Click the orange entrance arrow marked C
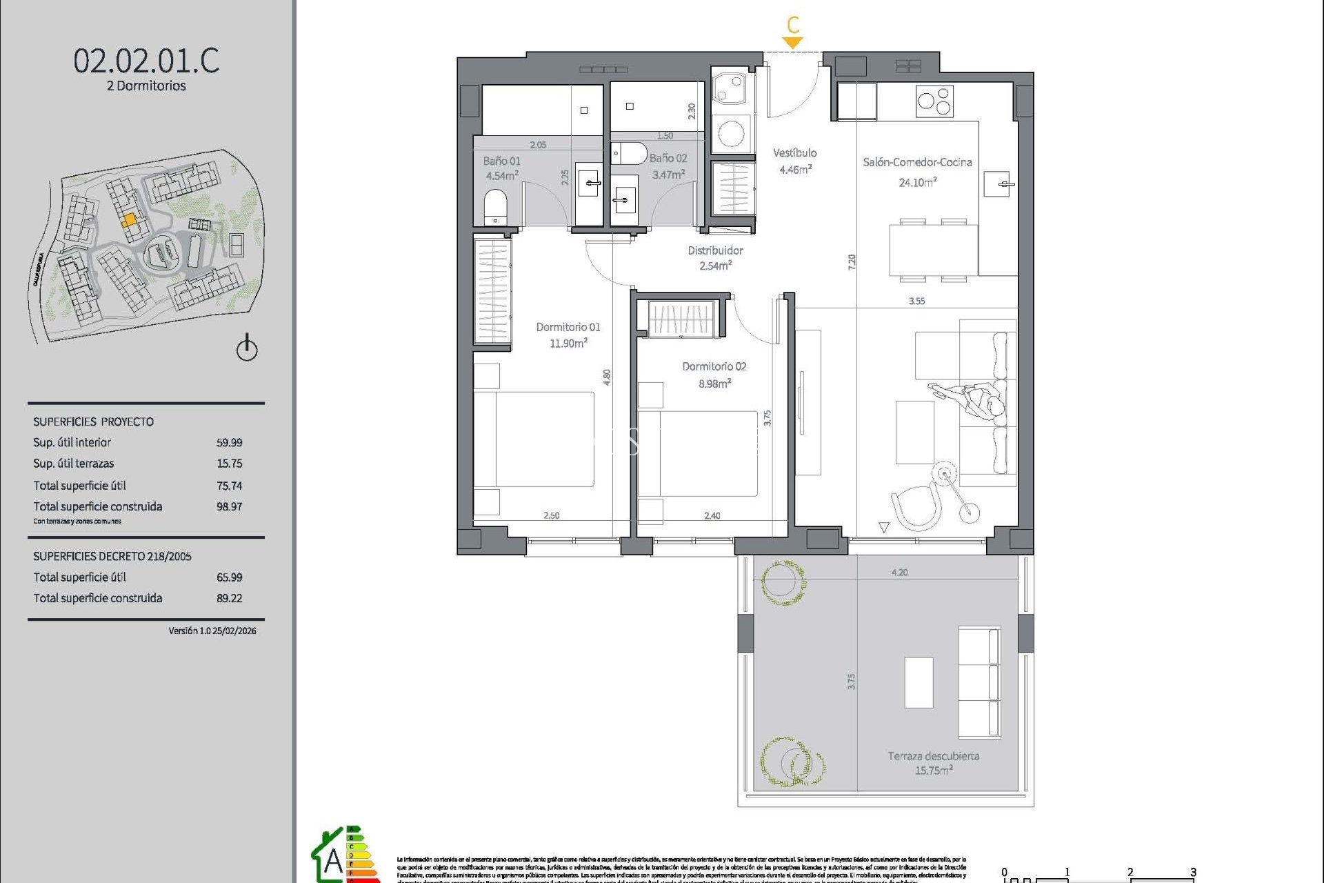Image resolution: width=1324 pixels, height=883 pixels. [793, 41]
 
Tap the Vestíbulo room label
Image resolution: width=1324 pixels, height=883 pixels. [794, 153]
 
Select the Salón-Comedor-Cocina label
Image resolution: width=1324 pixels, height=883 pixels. [917, 162]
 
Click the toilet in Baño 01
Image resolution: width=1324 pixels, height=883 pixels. [495, 206]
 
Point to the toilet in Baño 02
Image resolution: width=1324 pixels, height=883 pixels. [630, 153]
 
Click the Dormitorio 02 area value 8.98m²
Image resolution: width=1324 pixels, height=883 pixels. [714, 384]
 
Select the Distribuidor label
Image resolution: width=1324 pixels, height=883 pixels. [715, 250]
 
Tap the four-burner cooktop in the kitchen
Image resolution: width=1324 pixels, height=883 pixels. [934, 101]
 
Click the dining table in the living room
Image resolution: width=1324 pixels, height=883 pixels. [933, 250]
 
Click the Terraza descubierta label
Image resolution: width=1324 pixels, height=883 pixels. [933, 756]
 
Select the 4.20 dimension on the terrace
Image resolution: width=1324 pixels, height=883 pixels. [899, 573]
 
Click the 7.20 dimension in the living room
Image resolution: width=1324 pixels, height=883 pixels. [852, 261]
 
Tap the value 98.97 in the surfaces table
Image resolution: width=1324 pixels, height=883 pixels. [229, 506]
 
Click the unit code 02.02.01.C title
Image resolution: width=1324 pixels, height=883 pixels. [146, 61]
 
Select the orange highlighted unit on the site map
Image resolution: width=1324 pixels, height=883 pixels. [129, 220]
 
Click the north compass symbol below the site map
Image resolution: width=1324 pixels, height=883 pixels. [247, 348]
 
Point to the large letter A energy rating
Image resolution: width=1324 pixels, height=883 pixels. [333, 861]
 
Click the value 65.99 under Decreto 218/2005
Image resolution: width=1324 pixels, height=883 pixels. [229, 577]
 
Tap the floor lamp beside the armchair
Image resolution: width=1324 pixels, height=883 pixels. [946, 475]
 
